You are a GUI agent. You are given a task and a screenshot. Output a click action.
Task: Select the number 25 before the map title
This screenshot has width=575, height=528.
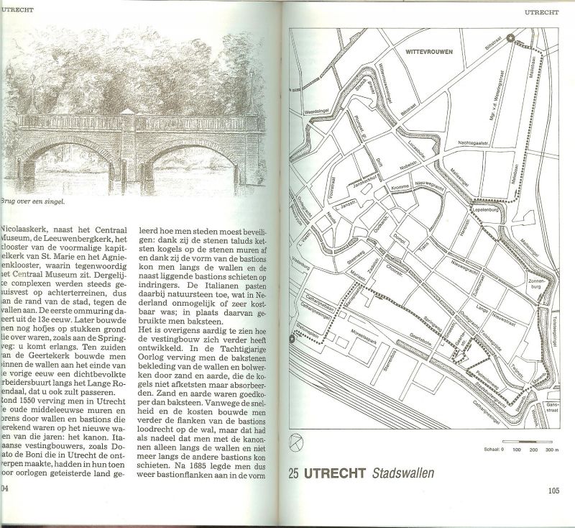pos(293,473)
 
